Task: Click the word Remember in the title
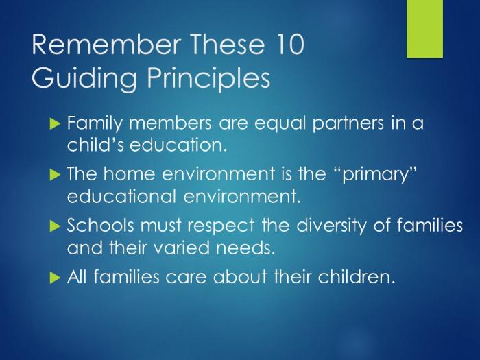point(106,45)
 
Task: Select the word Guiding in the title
point(84,78)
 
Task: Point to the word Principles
point(208,78)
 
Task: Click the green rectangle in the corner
point(424,29)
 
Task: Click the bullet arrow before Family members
point(55,123)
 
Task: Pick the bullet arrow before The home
point(55,174)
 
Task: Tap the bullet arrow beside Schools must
point(55,226)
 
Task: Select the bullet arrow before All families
point(55,277)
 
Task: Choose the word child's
point(95,145)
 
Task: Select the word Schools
point(100,226)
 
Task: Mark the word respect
point(221,226)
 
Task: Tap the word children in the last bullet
point(355,277)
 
